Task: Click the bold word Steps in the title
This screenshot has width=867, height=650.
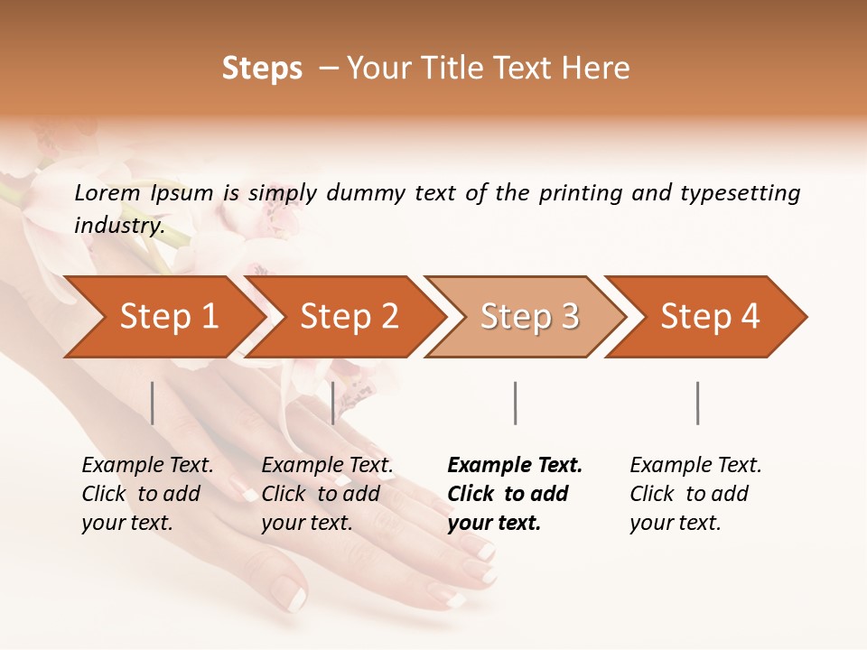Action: (x=262, y=69)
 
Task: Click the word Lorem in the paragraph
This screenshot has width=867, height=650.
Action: (x=107, y=192)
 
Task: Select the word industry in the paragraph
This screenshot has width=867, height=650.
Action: (x=118, y=226)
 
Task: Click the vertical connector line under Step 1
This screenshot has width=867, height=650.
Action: (x=153, y=403)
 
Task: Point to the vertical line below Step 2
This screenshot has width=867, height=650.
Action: (x=333, y=403)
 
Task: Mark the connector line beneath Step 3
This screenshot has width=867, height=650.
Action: (x=515, y=403)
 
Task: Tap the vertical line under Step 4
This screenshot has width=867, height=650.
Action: (x=697, y=403)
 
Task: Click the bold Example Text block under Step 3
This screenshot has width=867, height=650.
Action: (x=515, y=494)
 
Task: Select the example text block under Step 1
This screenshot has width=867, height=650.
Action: (x=147, y=494)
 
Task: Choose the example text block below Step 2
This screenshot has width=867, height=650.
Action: (x=327, y=494)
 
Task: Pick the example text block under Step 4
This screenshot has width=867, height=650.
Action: (x=695, y=494)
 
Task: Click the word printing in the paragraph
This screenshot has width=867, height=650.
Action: (x=581, y=192)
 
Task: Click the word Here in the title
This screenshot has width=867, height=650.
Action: (x=600, y=69)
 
